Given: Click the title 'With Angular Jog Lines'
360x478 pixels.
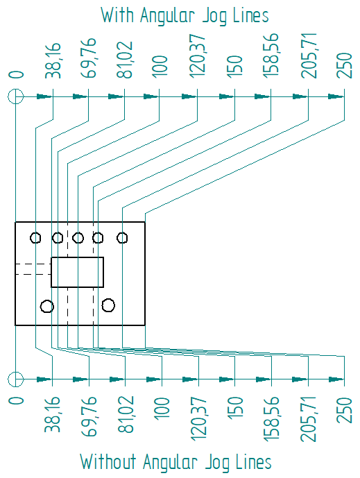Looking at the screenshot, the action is [x=185, y=16].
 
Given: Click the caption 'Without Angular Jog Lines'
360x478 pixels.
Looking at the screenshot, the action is [x=175, y=462].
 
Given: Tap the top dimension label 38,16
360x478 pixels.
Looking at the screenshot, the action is [x=53, y=60].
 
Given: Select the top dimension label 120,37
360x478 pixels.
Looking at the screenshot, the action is [x=198, y=56].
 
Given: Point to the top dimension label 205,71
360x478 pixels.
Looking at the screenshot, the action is [x=309, y=56].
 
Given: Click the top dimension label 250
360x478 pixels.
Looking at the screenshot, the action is [x=345, y=65].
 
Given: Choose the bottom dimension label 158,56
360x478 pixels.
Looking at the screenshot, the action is [x=271, y=419].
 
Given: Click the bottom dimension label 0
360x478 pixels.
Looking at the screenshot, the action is [x=16, y=400].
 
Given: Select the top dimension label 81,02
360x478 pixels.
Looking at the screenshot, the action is [x=124, y=60].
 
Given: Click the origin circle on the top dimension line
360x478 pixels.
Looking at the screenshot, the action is [x=15, y=96].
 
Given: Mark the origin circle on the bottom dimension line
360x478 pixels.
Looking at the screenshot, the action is [x=15, y=379].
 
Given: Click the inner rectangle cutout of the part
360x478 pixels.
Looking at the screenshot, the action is [x=78, y=257].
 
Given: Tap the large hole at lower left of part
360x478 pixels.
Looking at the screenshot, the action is [x=47, y=300].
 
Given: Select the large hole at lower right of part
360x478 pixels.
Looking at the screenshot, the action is [x=108, y=299].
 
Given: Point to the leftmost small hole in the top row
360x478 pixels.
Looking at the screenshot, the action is [x=35, y=232].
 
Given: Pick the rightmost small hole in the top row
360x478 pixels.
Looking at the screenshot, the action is [x=122, y=232].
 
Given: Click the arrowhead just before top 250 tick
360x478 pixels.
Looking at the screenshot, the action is [x=336, y=96].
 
